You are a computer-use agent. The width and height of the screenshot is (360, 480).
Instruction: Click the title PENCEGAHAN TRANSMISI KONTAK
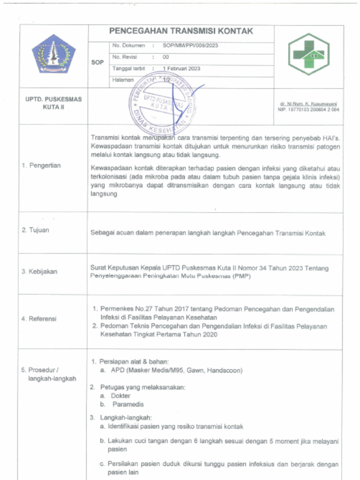181,31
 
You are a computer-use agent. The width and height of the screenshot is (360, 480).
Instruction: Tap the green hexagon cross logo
308,54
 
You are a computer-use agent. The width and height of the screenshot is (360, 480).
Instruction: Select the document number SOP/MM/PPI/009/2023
190,46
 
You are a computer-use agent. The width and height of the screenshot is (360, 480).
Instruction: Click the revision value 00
165,57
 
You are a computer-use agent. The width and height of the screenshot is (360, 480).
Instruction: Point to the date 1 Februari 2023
181,68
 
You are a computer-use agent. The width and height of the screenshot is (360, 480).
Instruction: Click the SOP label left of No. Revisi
97,62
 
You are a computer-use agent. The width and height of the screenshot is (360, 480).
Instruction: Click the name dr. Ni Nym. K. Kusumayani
309,104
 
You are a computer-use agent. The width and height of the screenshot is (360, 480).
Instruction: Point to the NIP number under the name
308,110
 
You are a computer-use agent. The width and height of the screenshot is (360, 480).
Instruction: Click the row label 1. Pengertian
41,165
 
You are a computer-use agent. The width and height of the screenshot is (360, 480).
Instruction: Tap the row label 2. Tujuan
35,230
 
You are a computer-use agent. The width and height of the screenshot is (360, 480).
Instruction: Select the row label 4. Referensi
39,319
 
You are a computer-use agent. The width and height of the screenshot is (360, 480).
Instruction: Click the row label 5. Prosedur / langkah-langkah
49,374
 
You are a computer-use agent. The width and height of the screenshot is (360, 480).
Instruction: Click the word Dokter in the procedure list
120,396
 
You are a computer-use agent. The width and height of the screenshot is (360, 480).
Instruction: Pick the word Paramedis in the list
128,404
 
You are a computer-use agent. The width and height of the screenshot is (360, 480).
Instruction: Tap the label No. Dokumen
129,46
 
